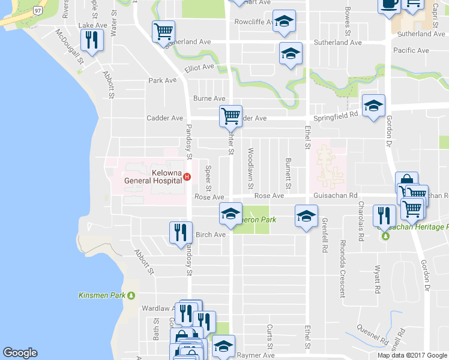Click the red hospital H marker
[x=187, y=176]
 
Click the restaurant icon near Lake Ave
[x=92, y=40]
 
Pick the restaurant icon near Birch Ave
[x=180, y=232]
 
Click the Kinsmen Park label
[x=103, y=295]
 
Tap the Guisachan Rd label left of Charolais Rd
[x=335, y=196]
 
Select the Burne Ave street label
[x=209, y=98]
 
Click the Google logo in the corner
[x=20, y=353]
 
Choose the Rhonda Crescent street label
[x=343, y=269]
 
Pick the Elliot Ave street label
[x=199, y=69]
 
